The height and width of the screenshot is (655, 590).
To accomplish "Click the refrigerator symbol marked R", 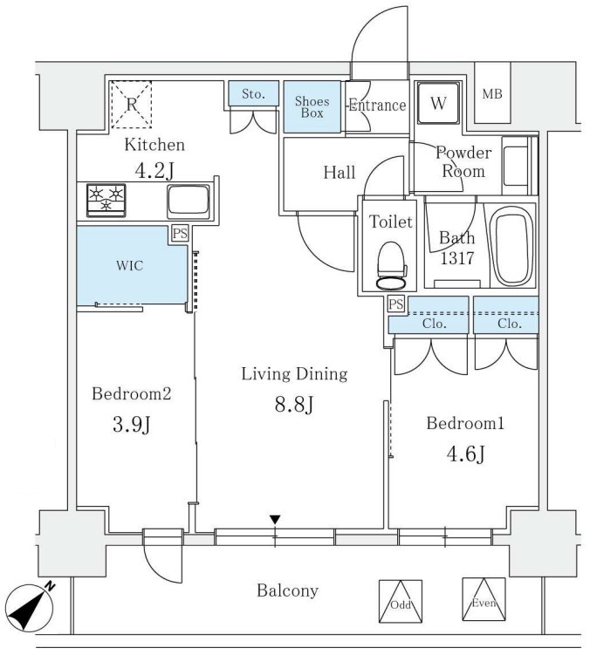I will pos(131,104).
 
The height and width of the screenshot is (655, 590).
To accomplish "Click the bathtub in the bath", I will pos(512,247).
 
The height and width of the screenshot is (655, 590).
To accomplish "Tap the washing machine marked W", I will pos(438,105).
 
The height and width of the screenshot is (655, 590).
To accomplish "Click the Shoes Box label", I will pos(311,106).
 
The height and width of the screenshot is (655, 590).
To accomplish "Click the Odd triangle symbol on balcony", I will pos(400,602).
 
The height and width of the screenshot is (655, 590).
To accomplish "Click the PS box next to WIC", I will pos(180,233).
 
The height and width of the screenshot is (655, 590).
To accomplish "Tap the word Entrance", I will pos(377,106).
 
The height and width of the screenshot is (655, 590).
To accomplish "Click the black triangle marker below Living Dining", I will pos(275,521).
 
